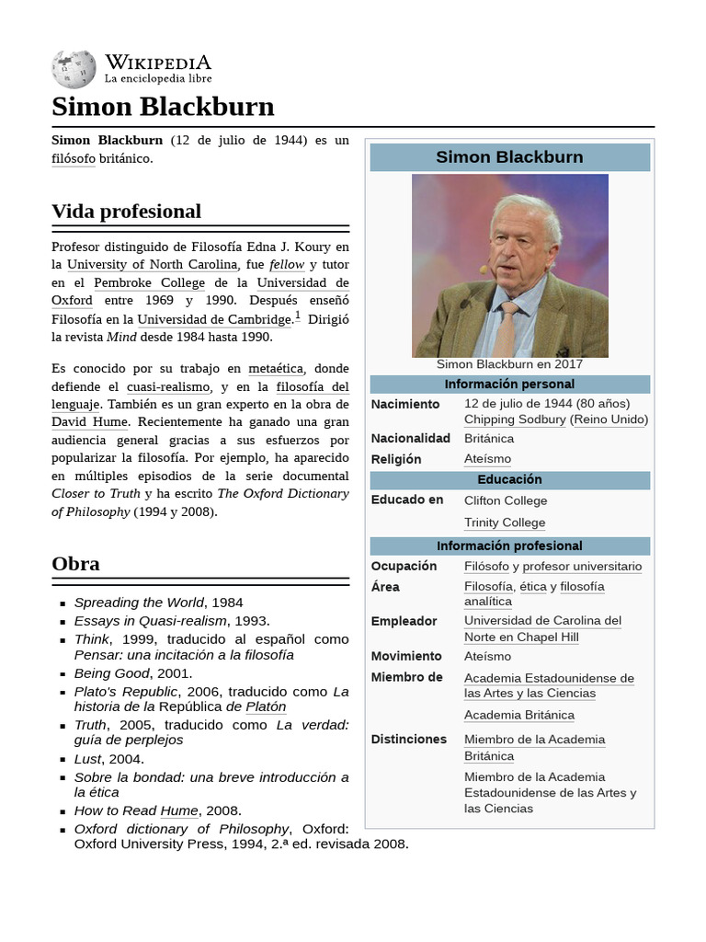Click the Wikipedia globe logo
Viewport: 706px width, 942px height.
point(74,70)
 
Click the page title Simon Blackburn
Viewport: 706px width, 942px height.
point(163,107)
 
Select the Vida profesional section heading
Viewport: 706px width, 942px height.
point(126,211)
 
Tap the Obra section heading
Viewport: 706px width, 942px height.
point(76,563)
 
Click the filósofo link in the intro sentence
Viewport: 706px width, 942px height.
point(74,158)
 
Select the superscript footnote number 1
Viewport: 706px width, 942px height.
point(297,316)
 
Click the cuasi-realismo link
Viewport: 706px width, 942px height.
point(168,387)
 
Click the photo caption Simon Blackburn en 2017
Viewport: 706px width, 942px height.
point(509,364)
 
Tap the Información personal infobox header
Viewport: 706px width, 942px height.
point(509,385)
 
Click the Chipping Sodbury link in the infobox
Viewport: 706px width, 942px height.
point(515,419)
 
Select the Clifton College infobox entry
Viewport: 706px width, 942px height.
point(506,500)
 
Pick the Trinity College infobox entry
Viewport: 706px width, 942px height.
point(505,523)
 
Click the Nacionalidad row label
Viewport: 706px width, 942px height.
point(410,439)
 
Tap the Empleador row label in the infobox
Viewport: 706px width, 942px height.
point(404,621)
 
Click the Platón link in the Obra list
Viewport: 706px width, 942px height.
point(266,706)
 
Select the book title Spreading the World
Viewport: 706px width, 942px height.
point(139,603)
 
